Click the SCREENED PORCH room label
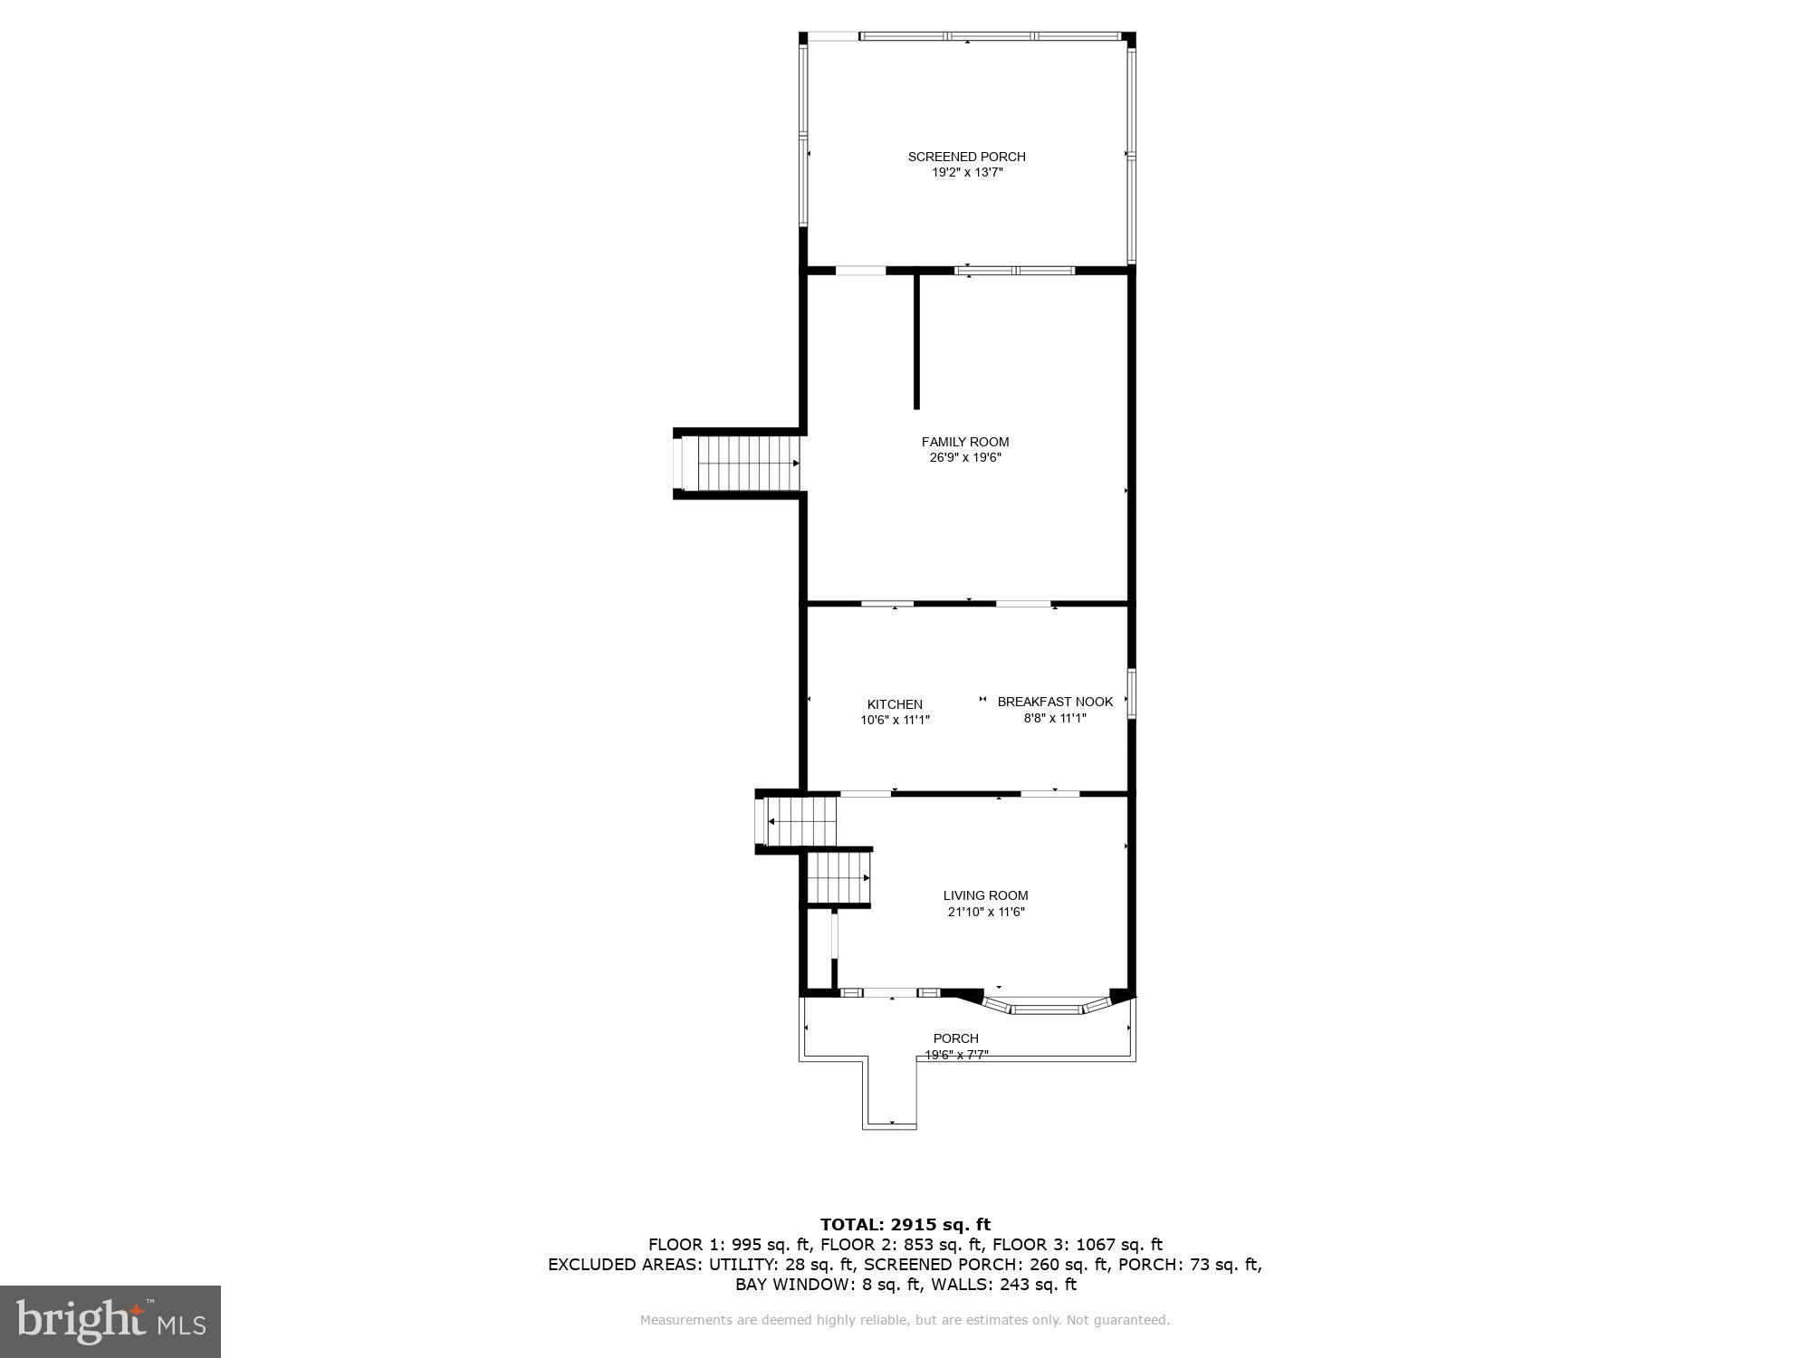[x=966, y=157]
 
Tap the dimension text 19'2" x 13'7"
[x=967, y=172]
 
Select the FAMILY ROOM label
[x=965, y=442]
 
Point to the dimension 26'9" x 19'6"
[x=965, y=458]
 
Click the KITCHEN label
[x=895, y=704]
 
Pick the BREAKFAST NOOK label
[x=1055, y=702]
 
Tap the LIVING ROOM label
[x=985, y=895]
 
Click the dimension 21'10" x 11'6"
[x=985, y=912]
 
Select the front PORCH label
[x=955, y=1038]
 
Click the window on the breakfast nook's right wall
[x=1131, y=693]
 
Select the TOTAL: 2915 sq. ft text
[x=905, y=1225]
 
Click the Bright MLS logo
[x=110, y=1322]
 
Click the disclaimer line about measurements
[x=905, y=1320]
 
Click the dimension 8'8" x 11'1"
[x=1055, y=718]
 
